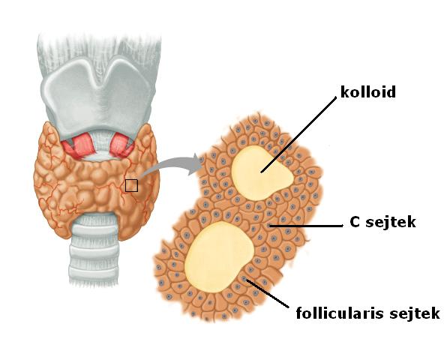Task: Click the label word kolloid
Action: pos(368,92)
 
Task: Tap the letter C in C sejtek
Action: pos(354,222)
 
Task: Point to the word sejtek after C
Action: pos(391,222)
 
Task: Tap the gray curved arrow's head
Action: pos(195,164)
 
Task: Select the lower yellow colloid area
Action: pos(218,256)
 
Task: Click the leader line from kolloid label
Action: pos(298,134)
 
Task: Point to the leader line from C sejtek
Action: pos(306,226)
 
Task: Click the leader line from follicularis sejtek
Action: pos(267,293)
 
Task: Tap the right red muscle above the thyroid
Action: pos(121,145)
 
